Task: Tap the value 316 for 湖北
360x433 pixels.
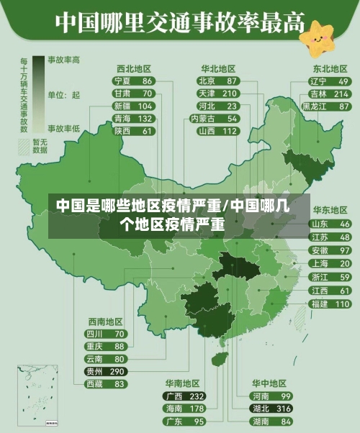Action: point(283,409)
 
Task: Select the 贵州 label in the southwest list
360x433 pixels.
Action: point(94,371)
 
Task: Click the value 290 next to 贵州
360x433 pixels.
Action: point(117,371)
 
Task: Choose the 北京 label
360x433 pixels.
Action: point(207,81)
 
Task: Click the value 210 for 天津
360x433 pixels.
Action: point(230,94)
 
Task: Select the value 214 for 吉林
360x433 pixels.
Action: point(341,94)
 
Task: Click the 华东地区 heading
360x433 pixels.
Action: point(329,211)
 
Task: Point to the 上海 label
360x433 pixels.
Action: point(320,264)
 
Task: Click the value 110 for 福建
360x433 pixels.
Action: point(341,304)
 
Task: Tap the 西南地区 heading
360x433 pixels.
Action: point(106,322)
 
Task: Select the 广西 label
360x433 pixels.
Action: point(174,396)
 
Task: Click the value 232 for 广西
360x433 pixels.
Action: point(197,396)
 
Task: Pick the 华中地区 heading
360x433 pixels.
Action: point(269,383)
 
